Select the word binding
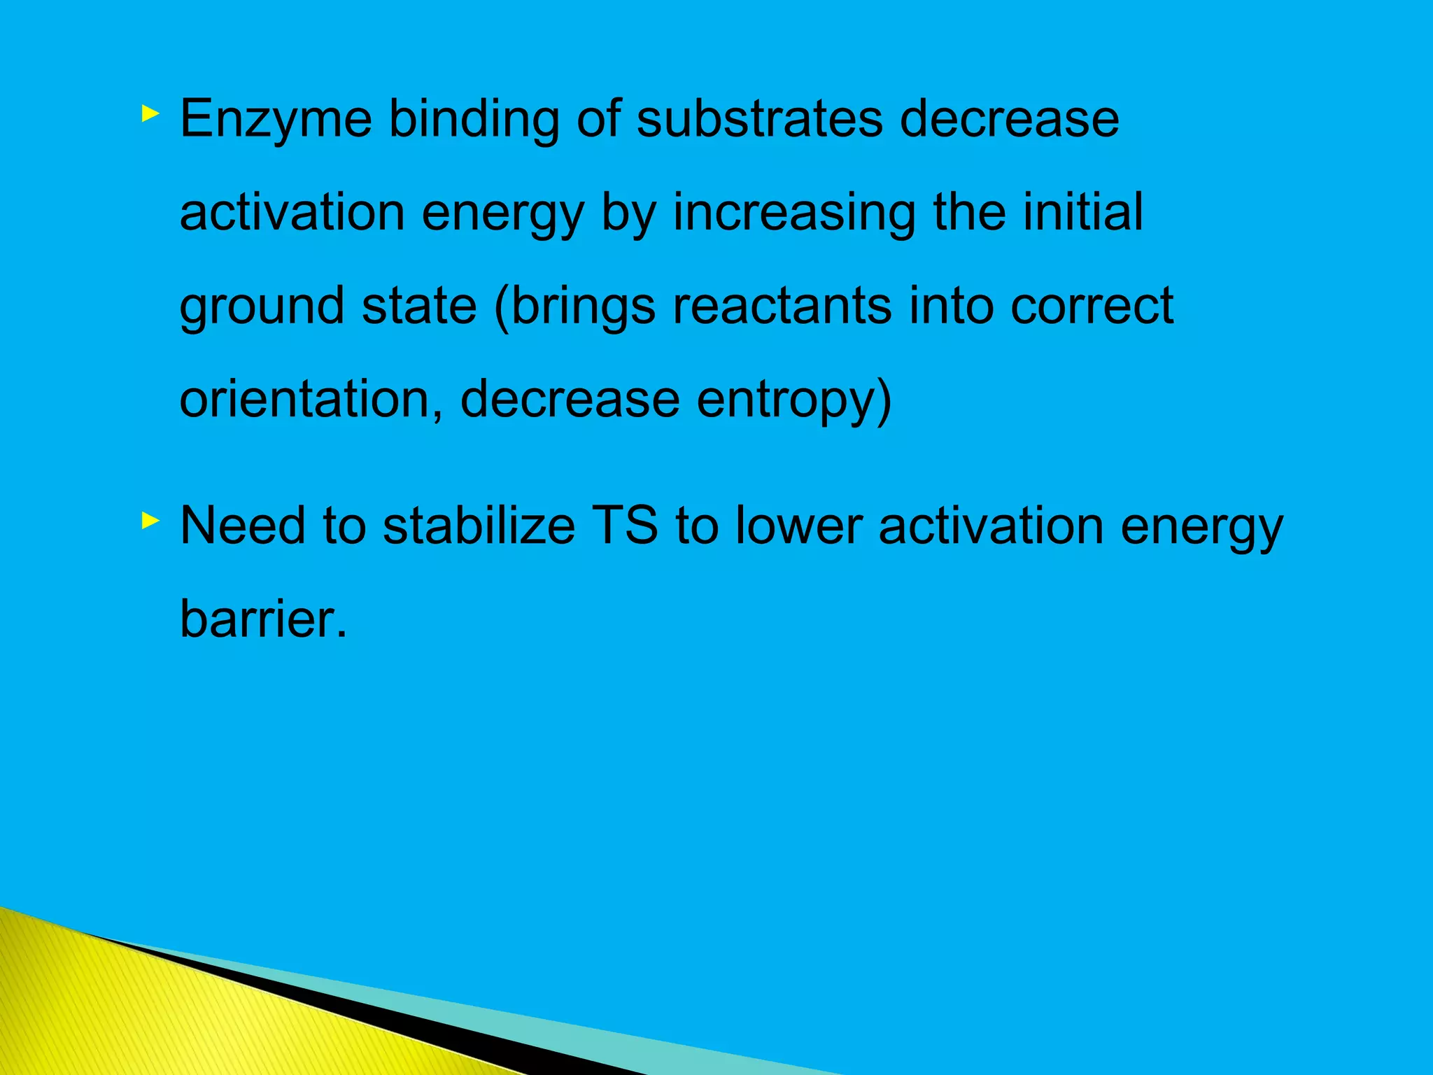pos(474,119)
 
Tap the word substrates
pos(760,119)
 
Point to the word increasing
pos(794,213)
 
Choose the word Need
pos(243,526)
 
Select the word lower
pos(798,526)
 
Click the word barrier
pos(263,619)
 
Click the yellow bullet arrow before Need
pos(150,520)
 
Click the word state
pos(419,306)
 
